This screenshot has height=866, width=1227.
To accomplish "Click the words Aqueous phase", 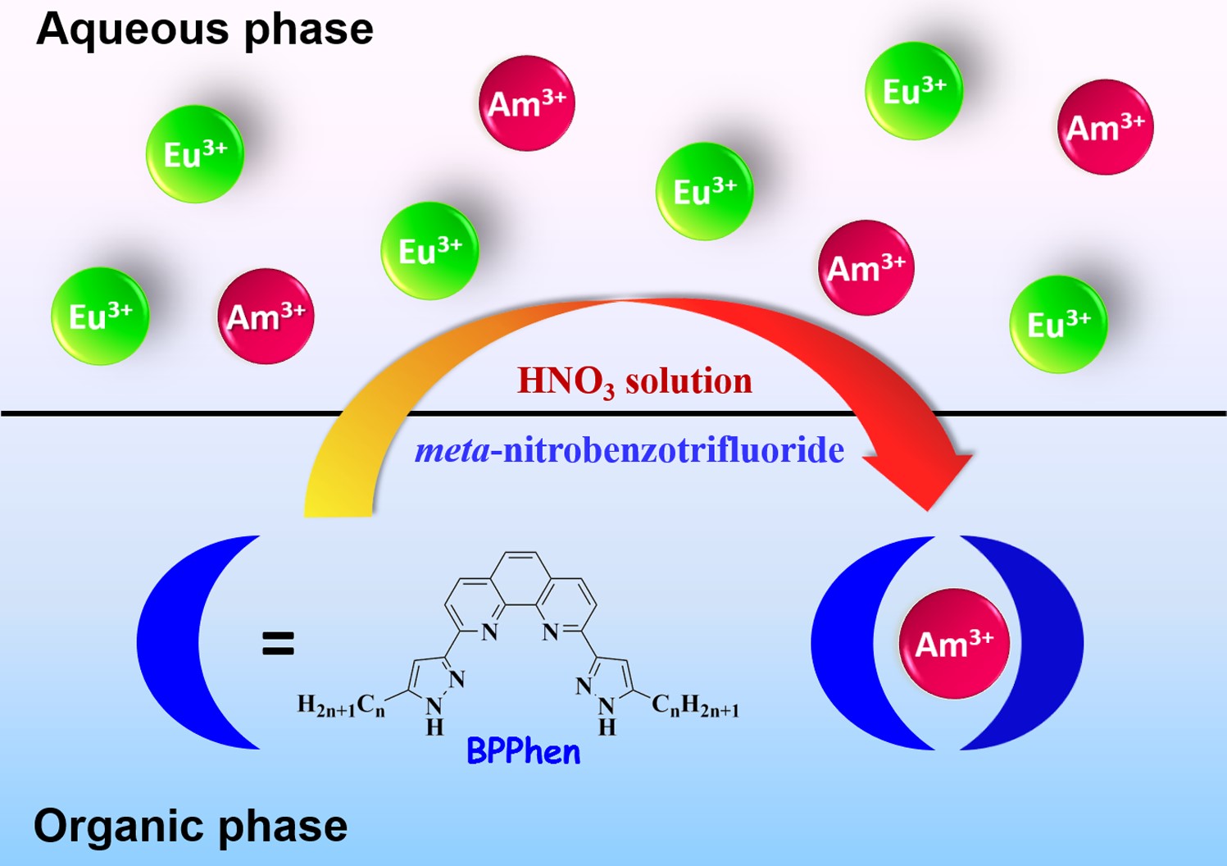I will pyautogui.click(x=205, y=30).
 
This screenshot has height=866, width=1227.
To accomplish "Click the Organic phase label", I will pyautogui.click(x=190, y=826).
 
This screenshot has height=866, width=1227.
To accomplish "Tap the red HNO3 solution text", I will pyautogui.click(x=634, y=381).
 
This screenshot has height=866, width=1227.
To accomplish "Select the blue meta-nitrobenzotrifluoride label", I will pyautogui.click(x=629, y=450).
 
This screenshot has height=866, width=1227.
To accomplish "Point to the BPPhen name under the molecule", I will pyautogui.click(x=523, y=751).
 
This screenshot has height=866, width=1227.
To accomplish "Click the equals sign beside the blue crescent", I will pyautogui.click(x=278, y=643).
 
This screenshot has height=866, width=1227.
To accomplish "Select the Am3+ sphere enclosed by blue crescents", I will pyautogui.click(x=954, y=644).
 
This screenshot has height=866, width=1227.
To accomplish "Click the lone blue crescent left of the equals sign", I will pyautogui.click(x=176, y=643).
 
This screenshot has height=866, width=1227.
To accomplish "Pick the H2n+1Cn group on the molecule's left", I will pyautogui.click(x=341, y=705).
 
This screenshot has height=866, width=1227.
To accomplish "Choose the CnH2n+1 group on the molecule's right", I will pyautogui.click(x=695, y=705).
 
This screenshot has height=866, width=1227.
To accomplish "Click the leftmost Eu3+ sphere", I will pyautogui.click(x=100, y=317).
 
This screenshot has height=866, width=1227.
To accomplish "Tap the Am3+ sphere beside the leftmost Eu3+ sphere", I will pyautogui.click(x=266, y=317).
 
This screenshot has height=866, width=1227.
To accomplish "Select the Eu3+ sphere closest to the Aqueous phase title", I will pyautogui.click(x=195, y=154).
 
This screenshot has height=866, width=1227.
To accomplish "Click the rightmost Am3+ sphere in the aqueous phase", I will pyautogui.click(x=1105, y=127).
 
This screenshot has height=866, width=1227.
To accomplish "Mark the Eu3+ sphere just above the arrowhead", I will pyautogui.click(x=1058, y=325).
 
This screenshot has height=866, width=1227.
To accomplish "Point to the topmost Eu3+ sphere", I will pyautogui.click(x=914, y=91).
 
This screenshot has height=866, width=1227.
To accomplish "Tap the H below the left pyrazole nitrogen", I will pyautogui.click(x=434, y=727).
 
